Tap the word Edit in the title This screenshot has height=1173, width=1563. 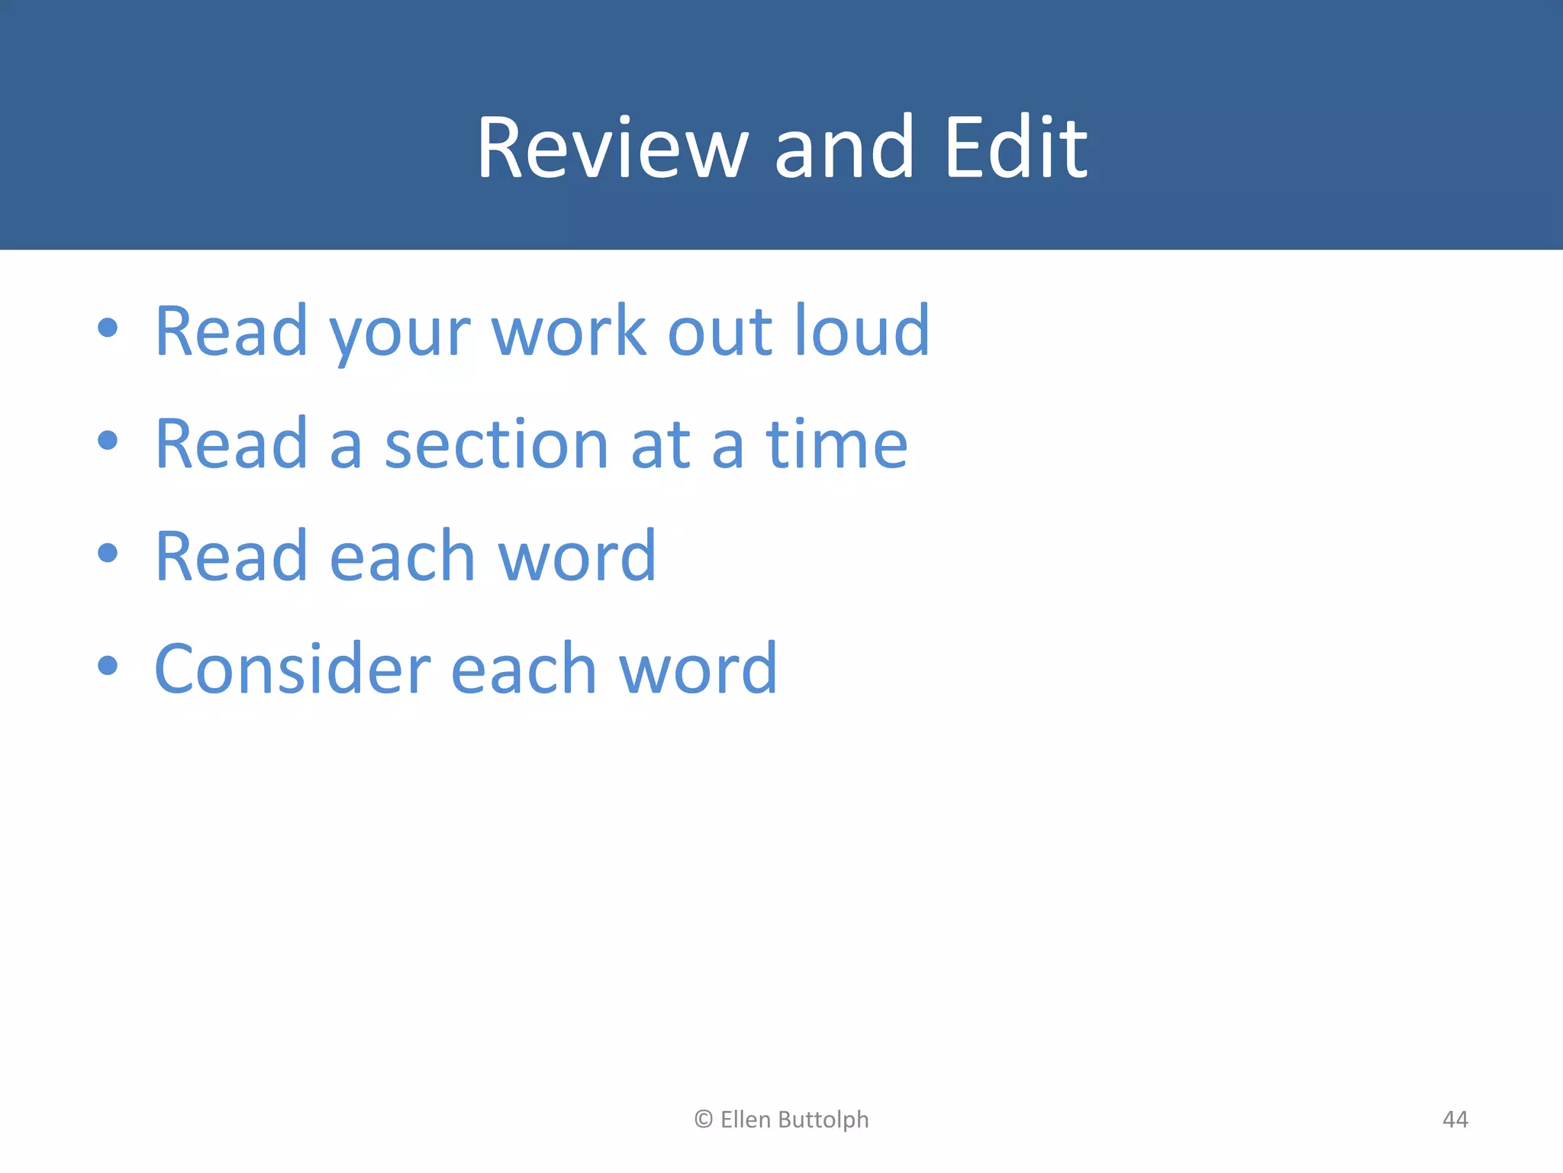point(1015,148)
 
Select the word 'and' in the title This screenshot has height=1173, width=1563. point(844,148)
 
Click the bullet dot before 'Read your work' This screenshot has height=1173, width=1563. point(108,328)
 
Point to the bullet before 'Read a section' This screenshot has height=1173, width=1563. point(108,441)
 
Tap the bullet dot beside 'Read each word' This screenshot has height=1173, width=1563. point(108,553)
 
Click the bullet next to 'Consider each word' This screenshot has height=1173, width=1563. point(108,666)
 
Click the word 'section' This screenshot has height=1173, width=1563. point(496,444)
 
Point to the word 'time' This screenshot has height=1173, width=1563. point(836,444)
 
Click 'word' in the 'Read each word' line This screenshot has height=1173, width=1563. point(577,557)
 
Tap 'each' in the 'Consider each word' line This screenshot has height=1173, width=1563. point(524,670)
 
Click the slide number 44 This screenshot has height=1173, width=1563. point(1455,1120)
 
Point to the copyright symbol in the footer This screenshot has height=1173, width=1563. point(703,1120)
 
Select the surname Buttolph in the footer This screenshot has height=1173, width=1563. point(824,1120)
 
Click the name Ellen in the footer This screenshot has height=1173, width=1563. point(745,1120)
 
